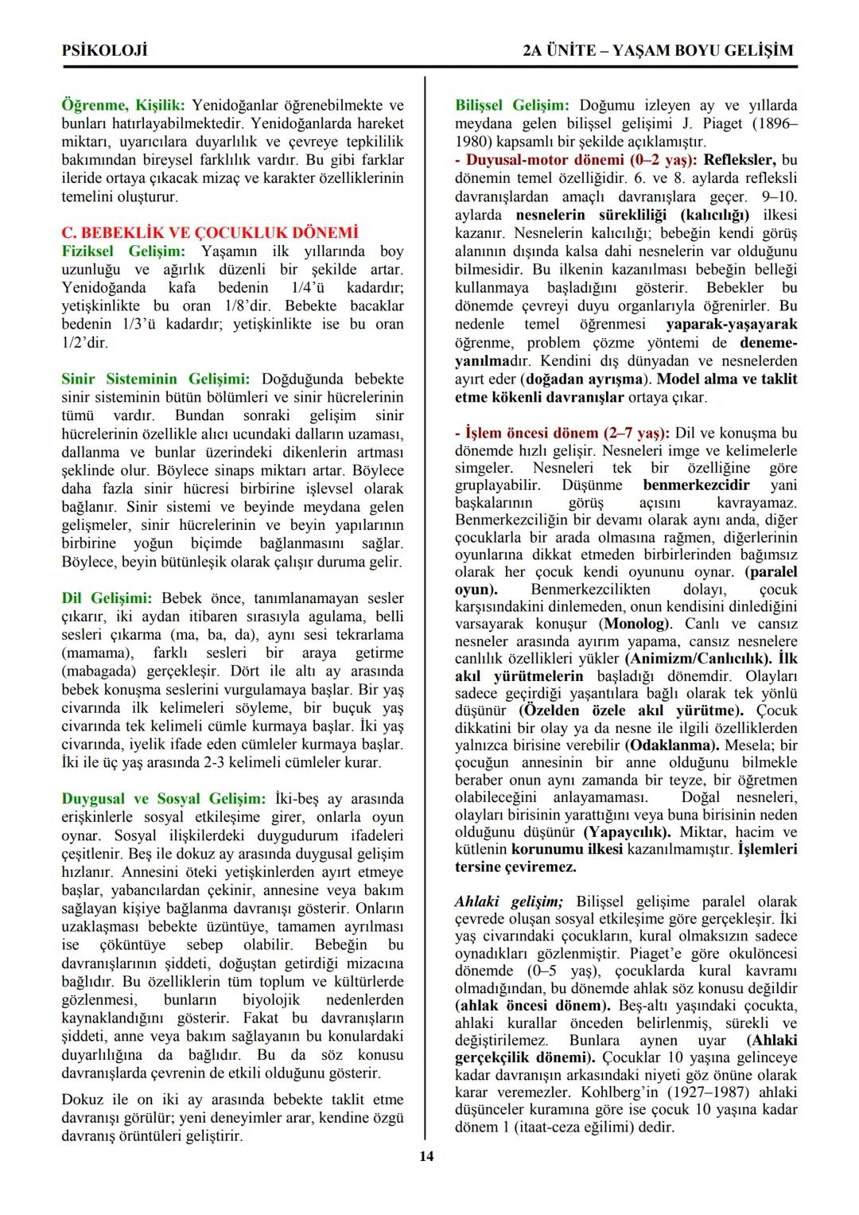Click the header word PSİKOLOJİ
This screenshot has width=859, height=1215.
tap(104, 51)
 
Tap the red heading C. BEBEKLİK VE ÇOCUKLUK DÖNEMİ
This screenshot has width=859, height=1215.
tap(210, 232)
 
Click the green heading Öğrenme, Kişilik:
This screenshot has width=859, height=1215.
tap(123, 105)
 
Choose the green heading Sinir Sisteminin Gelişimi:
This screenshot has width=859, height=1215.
tap(156, 379)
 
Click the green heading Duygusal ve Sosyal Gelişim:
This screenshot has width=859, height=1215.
tap(164, 799)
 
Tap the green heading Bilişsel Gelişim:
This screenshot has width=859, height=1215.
tap(511, 105)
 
